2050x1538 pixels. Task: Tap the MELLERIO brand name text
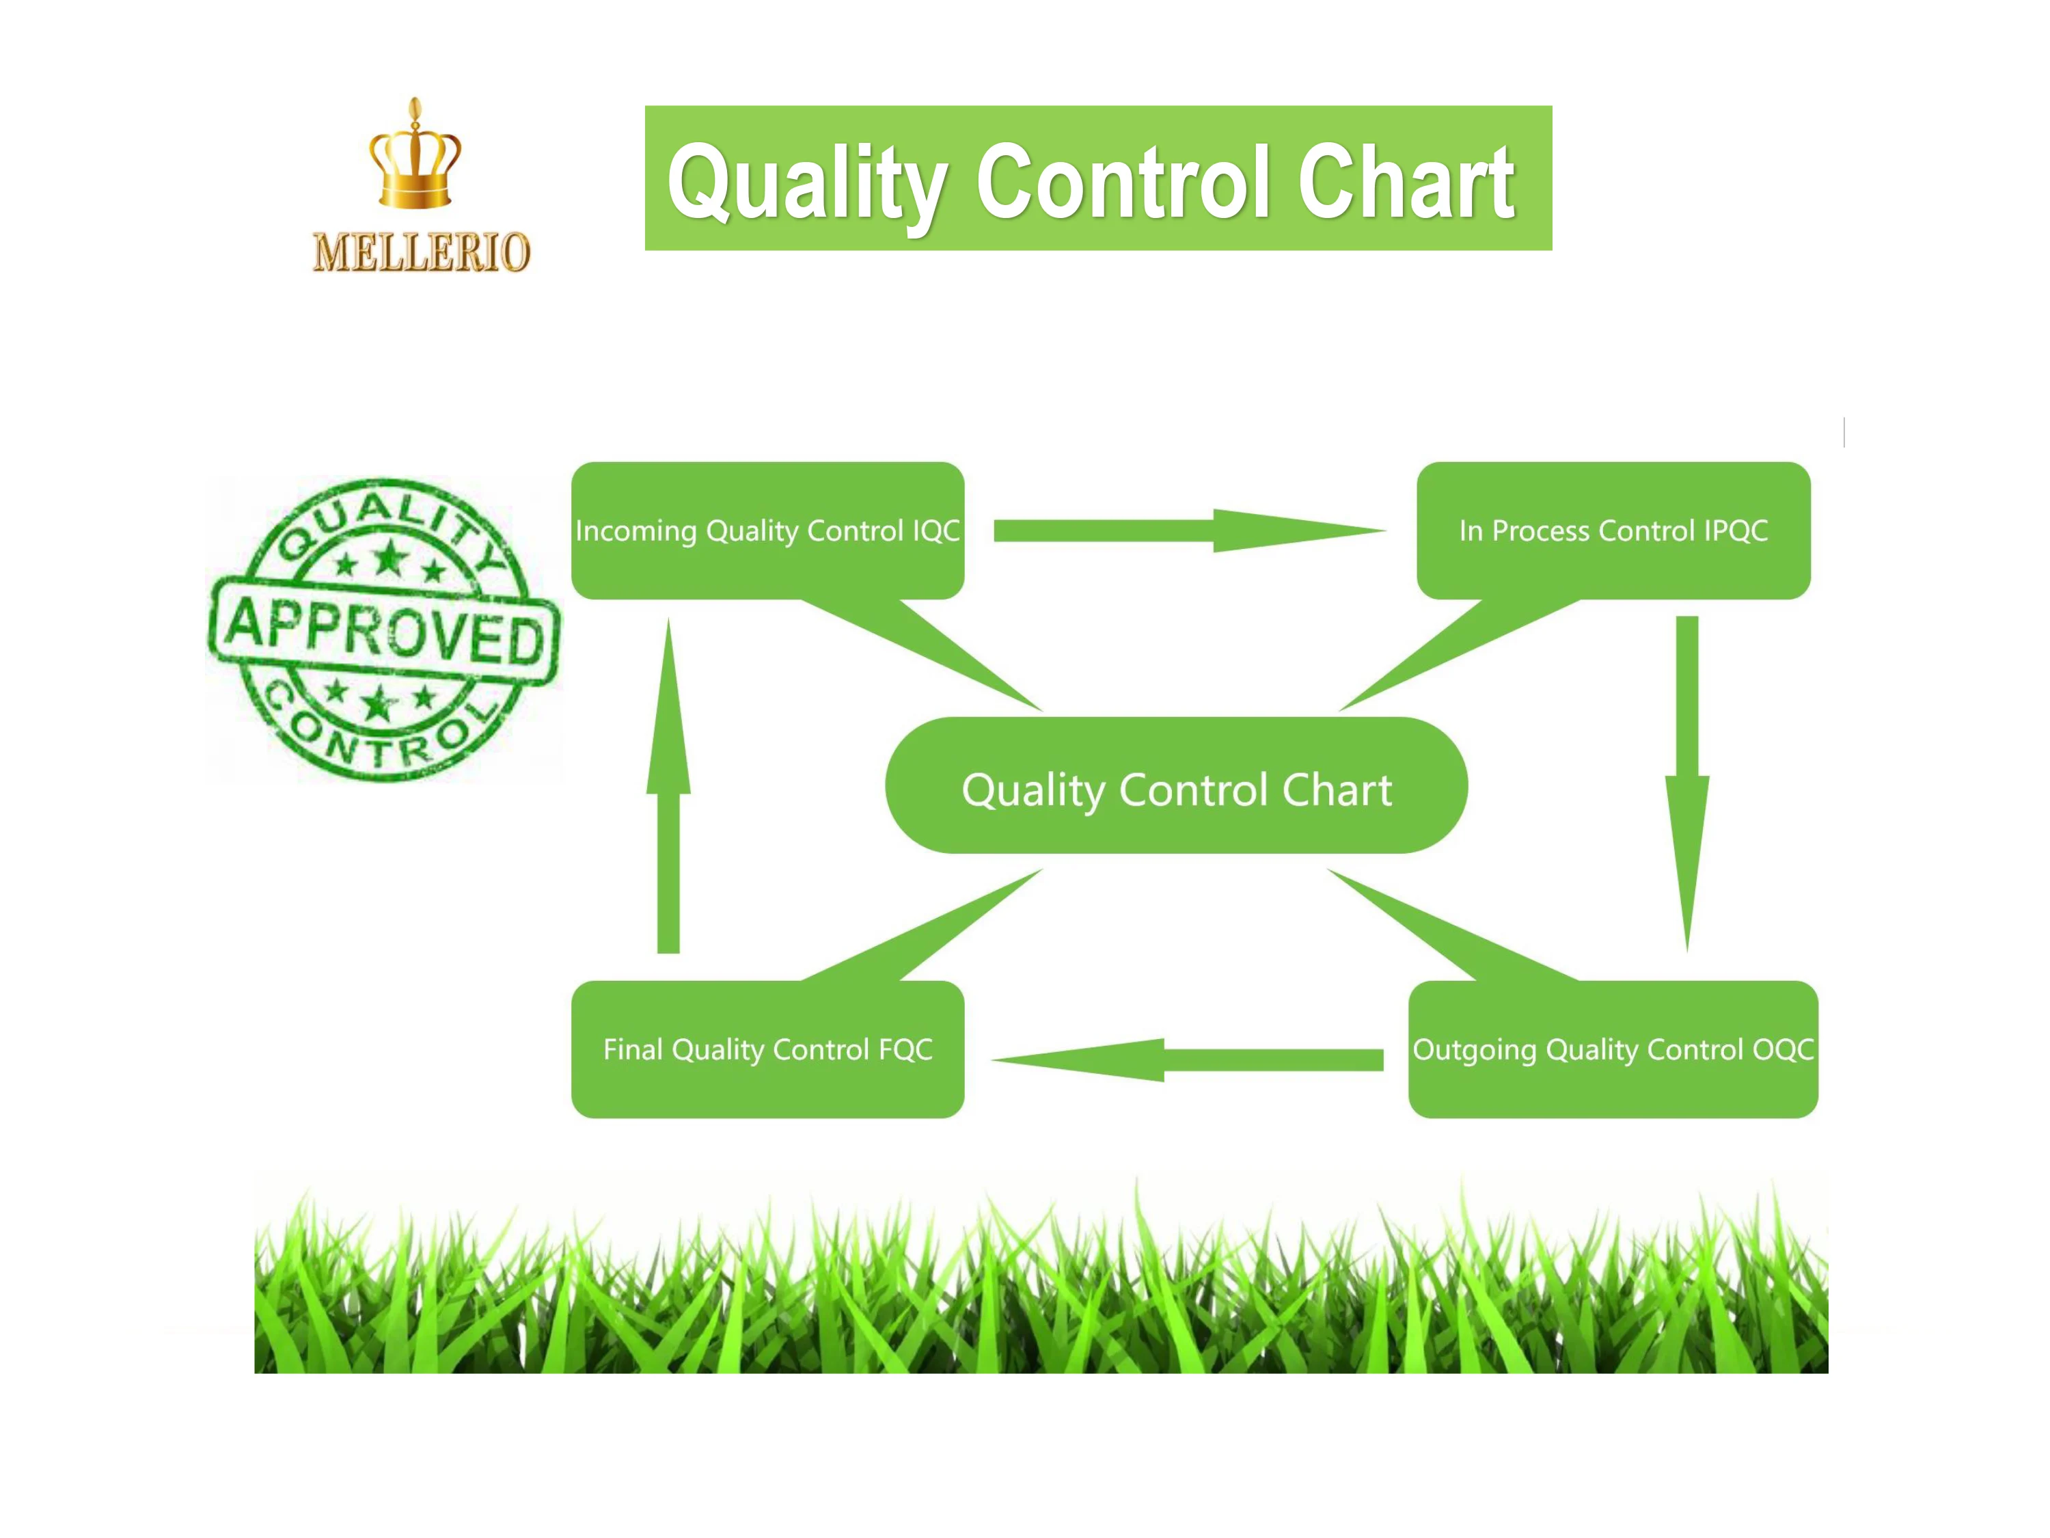click(422, 252)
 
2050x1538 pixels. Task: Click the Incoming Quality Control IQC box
click(768, 530)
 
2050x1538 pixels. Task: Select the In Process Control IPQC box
click(1613, 530)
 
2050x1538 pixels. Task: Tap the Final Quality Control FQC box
click(768, 1049)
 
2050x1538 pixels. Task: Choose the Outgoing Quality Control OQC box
click(1613, 1049)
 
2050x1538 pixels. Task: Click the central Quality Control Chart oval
click(1177, 785)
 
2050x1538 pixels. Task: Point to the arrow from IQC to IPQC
click(1190, 530)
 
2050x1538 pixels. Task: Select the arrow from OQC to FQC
click(1187, 1060)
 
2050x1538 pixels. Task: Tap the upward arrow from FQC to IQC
click(668, 786)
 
